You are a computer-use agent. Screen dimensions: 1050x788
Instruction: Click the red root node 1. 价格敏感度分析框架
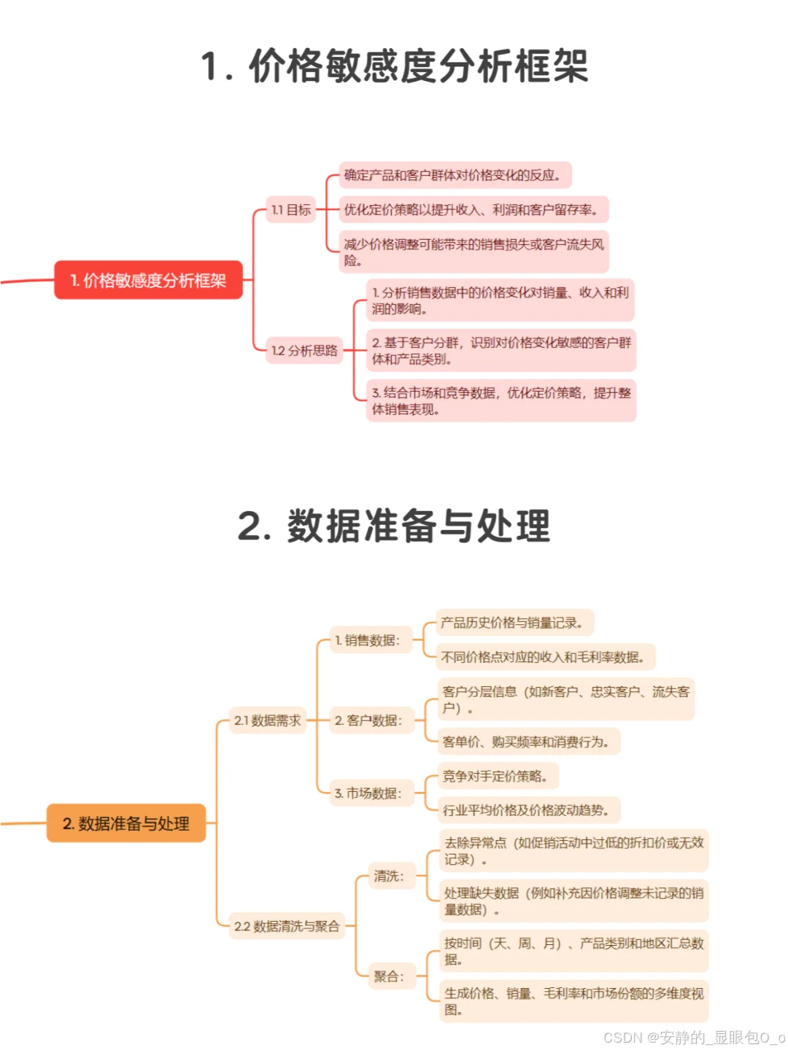tap(148, 280)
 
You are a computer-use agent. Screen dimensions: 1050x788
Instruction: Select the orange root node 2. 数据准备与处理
tap(126, 823)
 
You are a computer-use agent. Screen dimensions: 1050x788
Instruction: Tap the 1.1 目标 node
tap(290, 210)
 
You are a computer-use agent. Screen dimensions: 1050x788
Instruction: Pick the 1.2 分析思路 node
tap(304, 351)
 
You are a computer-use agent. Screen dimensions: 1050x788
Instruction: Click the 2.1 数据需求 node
tap(267, 720)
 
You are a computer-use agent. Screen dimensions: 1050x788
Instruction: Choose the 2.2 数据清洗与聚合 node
tap(287, 926)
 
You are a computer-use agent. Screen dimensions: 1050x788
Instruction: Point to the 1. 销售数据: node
tap(368, 640)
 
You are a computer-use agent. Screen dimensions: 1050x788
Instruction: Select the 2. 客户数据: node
tap(368, 720)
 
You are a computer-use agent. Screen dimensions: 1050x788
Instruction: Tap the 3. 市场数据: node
tap(368, 793)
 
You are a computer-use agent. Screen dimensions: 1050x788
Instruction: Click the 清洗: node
tap(389, 876)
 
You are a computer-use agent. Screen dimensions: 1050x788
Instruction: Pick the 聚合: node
tap(389, 976)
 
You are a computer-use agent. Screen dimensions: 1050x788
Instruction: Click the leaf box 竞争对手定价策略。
tap(495, 776)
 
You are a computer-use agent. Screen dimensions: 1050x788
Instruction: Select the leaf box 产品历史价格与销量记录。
tap(513, 623)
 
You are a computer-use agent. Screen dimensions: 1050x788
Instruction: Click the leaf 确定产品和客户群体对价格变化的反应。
tap(453, 175)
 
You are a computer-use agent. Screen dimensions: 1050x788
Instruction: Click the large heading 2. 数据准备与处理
tap(394, 526)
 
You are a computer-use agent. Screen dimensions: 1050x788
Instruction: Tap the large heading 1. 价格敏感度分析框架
tap(394, 66)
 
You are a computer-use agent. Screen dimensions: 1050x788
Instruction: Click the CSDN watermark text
tap(694, 1037)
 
